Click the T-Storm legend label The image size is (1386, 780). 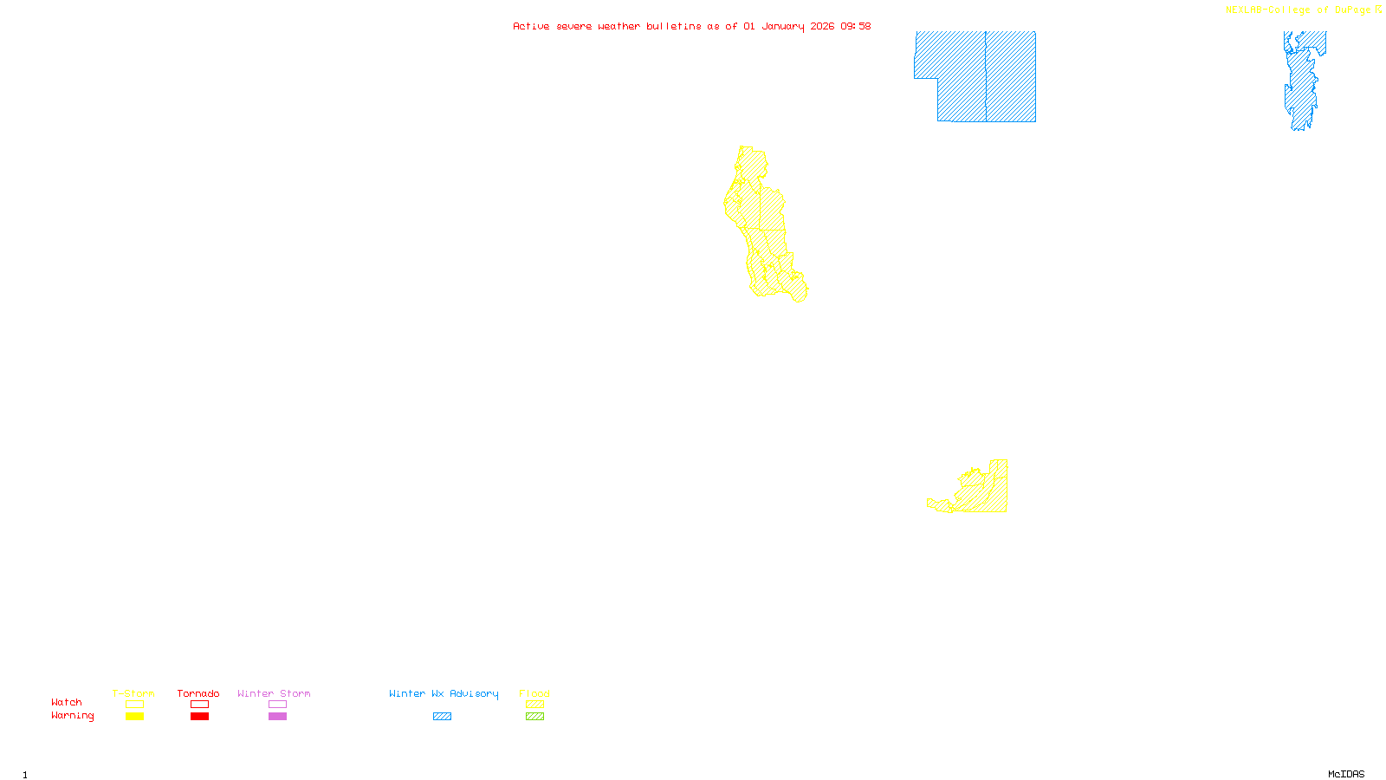click(133, 693)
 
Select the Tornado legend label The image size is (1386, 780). click(198, 693)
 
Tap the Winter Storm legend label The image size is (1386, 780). click(274, 693)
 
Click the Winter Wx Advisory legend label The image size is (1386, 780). click(444, 693)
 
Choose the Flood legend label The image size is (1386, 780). click(534, 693)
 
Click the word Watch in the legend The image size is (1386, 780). click(67, 702)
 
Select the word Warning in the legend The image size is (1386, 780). click(73, 716)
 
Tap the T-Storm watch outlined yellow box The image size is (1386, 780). click(134, 705)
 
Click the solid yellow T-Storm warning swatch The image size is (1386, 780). click(134, 717)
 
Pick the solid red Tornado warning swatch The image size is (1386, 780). click(199, 717)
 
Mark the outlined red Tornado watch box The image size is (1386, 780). click(199, 705)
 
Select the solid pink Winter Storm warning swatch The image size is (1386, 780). click(277, 717)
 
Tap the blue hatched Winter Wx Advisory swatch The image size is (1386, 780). click(442, 717)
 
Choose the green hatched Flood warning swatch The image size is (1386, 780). click(534, 717)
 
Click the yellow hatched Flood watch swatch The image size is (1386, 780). click(534, 705)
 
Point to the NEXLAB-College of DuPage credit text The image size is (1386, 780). click(1299, 10)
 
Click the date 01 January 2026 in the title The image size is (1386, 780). click(788, 26)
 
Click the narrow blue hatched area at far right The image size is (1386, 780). click(1301, 82)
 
